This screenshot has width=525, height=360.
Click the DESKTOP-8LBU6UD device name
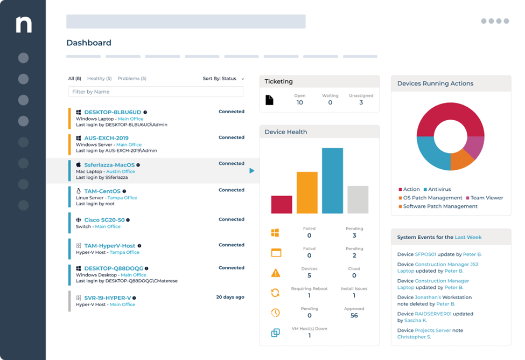[113, 112]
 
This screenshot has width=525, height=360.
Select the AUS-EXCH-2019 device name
[106, 138]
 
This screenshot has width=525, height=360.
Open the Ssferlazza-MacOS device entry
[109, 165]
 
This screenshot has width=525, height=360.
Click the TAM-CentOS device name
[102, 191]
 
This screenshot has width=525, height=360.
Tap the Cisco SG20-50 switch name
[104, 220]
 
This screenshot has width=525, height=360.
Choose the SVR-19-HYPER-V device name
[107, 298]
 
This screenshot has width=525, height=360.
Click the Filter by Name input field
[156, 92]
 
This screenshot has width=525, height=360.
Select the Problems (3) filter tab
[132, 79]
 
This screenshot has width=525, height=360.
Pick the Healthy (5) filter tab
[99, 79]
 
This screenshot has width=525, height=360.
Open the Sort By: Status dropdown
[223, 79]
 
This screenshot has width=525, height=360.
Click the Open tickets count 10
[300, 102]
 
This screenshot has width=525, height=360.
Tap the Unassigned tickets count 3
[361, 102]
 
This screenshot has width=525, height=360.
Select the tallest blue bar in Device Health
[332, 181]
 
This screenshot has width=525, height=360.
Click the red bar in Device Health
[282, 204]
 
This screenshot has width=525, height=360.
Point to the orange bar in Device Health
[307, 192]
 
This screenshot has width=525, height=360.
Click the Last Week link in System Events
[468, 237]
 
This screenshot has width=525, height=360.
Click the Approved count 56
[354, 315]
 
